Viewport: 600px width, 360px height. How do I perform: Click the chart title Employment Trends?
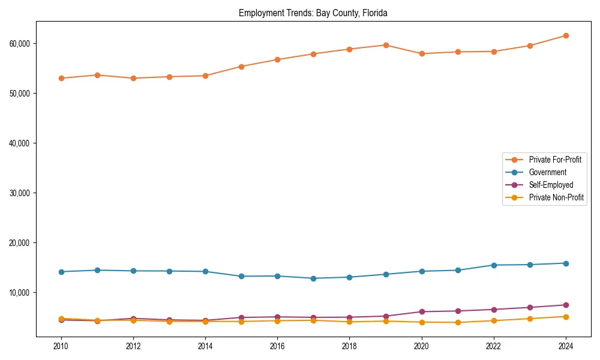pos(313,13)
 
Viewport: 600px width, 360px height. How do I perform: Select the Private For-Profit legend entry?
pos(555,160)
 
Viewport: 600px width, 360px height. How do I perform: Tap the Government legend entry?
pos(547,172)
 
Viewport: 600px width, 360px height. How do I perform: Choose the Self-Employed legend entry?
pos(551,185)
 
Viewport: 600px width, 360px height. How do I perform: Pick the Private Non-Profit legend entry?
pos(556,197)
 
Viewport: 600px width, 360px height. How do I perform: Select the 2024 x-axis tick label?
pos(566,346)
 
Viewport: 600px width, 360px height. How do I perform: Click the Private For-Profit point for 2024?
pos(566,36)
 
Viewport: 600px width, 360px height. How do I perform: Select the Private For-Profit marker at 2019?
pos(386,45)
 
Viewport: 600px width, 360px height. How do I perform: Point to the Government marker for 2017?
pos(313,278)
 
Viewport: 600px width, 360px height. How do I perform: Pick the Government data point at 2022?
pos(494,265)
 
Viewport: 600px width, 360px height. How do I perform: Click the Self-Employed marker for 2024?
pos(566,305)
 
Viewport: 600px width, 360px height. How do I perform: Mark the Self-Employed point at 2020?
pos(422,311)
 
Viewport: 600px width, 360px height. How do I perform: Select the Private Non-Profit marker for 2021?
pos(458,322)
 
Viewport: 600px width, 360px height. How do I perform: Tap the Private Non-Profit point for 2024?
pos(566,317)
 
